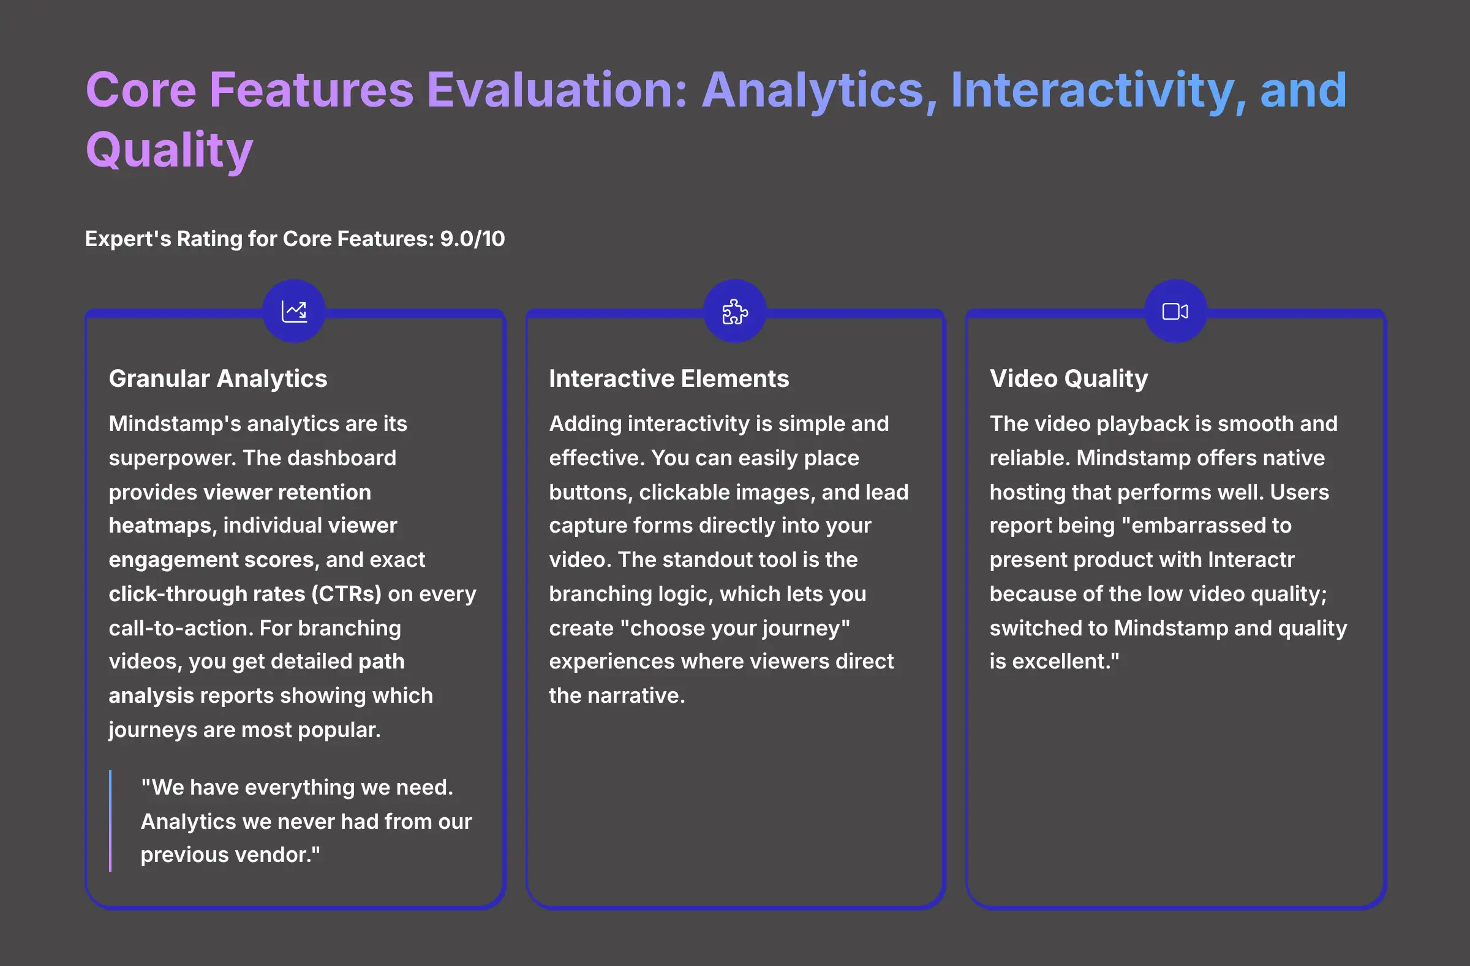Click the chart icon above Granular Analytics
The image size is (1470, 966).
pos(294,311)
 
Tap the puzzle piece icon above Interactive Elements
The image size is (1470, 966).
pos(735,311)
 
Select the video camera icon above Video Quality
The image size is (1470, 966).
pos(1175,311)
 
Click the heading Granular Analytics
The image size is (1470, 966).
pos(218,378)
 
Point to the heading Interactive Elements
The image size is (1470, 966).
pos(669,378)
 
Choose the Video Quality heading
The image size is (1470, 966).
pos(1069,378)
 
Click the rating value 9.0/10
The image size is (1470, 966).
pos(472,239)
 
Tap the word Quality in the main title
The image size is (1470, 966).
pos(169,150)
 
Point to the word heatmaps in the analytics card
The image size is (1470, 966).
pos(162,525)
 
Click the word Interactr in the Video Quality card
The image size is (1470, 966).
pos(1251,560)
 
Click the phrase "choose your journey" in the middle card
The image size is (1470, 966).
pos(735,628)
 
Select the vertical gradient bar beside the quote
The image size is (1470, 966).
pos(111,821)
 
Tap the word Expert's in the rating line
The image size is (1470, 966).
pos(128,239)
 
